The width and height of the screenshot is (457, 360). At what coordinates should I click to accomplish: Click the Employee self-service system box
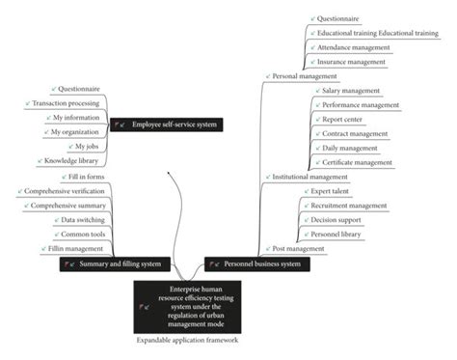[166, 124]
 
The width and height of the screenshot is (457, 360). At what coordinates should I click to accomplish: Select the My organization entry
[76, 131]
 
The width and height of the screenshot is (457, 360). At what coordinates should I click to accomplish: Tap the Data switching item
[81, 219]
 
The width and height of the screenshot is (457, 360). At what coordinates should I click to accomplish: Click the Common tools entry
[82, 234]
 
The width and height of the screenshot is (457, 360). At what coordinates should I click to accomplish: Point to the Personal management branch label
[305, 75]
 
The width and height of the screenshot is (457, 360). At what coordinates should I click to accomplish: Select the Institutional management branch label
[309, 177]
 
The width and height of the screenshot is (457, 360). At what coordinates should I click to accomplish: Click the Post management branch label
[298, 248]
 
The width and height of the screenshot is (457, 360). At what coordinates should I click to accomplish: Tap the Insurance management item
[353, 61]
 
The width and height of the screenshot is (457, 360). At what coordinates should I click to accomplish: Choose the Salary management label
[351, 90]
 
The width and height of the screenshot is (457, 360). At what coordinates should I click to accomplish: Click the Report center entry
[342, 119]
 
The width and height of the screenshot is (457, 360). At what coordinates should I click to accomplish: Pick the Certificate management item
[357, 162]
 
